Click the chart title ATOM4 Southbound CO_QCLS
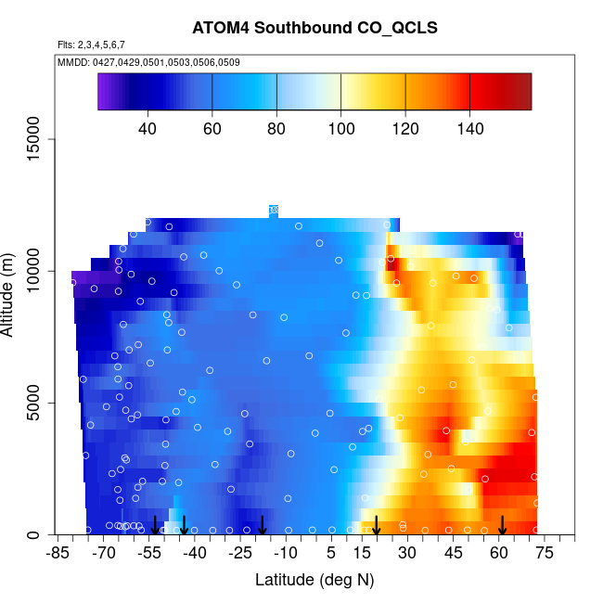[x=314, y=28]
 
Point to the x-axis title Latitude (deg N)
[x=314, y=580]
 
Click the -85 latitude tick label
[x=58, y=554]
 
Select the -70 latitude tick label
[x=103, y=554]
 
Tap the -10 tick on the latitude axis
[x=286, y=554]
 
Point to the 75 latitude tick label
[x=545, y=554]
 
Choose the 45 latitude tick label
[x=454, y=554]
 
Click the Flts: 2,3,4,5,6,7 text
[x=91, y=45]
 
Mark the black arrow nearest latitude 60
[x=502, y=526]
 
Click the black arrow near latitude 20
[x=377, y=526]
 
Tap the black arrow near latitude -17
[x=263, y=526]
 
